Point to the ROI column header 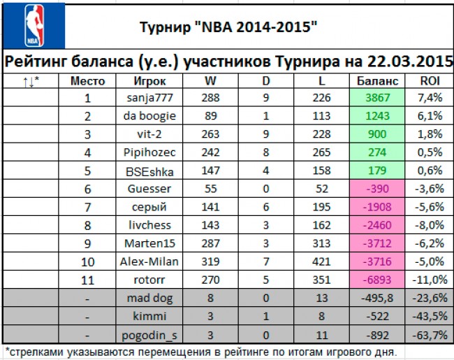pos(430,81)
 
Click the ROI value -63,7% pos(430,334)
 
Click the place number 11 pos(88,280)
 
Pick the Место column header pos(88,81)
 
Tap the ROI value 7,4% pos(430,98)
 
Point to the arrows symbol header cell pos(31,81)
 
